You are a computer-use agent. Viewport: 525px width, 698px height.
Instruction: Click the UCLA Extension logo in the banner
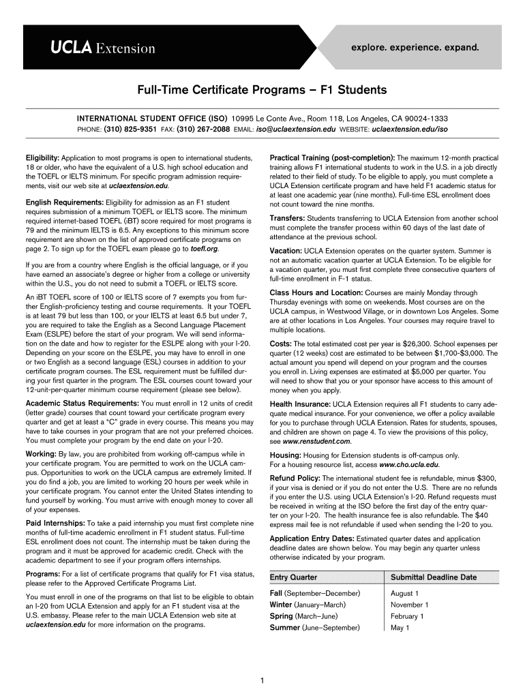click(x=102, y=48)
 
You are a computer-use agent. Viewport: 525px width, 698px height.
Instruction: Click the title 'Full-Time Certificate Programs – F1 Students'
click(x=262, y=90)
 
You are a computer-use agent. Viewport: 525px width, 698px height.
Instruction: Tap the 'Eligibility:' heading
click(x=42, y=157)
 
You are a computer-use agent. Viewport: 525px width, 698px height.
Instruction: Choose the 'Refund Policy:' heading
click(x=295, y=478)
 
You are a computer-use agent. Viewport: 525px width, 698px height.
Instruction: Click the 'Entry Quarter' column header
click(x=294, y=577)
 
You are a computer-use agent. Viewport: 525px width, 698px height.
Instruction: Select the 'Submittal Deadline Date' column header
click(x=433, y=577)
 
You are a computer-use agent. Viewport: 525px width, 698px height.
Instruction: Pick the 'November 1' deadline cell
click(x=409, y=605)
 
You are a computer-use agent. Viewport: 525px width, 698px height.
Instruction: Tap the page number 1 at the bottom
click(x=262, y=680)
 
